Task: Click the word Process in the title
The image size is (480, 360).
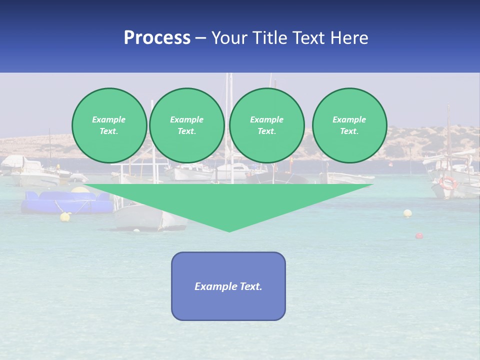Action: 157,38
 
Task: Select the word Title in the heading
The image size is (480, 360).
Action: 270,38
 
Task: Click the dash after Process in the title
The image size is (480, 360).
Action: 201,38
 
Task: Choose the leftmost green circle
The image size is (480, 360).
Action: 109,125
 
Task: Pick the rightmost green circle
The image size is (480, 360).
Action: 349,125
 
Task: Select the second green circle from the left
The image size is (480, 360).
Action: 186,125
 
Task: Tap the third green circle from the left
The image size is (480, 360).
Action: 266,125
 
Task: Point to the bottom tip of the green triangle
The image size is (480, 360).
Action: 229,230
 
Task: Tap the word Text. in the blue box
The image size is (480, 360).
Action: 250,286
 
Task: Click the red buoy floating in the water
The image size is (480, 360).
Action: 419,235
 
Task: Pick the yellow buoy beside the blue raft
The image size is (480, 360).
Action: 65,216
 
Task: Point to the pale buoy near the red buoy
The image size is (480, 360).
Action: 407,213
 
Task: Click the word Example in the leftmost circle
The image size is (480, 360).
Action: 109,119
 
